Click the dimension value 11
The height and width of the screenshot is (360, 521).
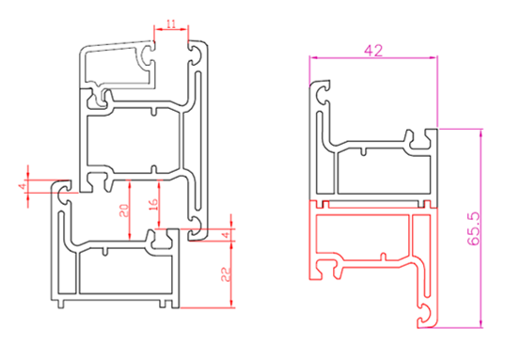tap(171, 23)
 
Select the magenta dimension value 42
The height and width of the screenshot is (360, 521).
tap(373, 51)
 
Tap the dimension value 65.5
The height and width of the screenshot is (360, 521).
tap(474, 228)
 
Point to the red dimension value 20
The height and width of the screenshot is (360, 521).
tap(124, 211)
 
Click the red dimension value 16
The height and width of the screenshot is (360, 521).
tap(153, 206)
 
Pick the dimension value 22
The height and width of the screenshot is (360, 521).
tap(227, 274)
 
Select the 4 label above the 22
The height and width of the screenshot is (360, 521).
tap(227, 235)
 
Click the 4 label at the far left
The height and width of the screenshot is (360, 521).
tap(23, 186)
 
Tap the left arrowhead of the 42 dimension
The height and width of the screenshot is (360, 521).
tap(313, 57)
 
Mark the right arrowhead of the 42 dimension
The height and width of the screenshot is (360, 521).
tap(434, 57)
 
